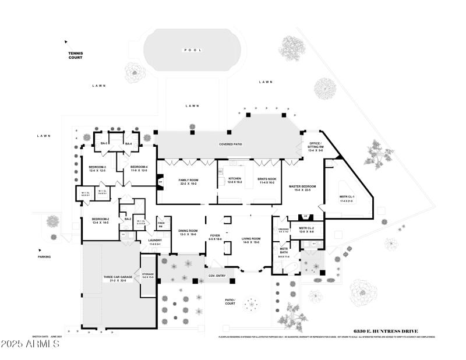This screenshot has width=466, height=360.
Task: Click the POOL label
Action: pos(192,50)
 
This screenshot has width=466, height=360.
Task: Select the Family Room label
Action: pos(189,182)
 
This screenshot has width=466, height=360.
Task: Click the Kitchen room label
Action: pos(235,180)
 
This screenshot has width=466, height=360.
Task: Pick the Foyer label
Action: pos(214,237)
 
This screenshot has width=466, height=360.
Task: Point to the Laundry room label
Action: pos(154,241)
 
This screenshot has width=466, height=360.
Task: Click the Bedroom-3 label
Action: pos(97,169)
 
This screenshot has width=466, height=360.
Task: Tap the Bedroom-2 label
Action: pos(100,221)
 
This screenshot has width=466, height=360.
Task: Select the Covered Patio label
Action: pos(230,144)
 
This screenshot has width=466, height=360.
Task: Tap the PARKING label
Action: pos(45,257)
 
